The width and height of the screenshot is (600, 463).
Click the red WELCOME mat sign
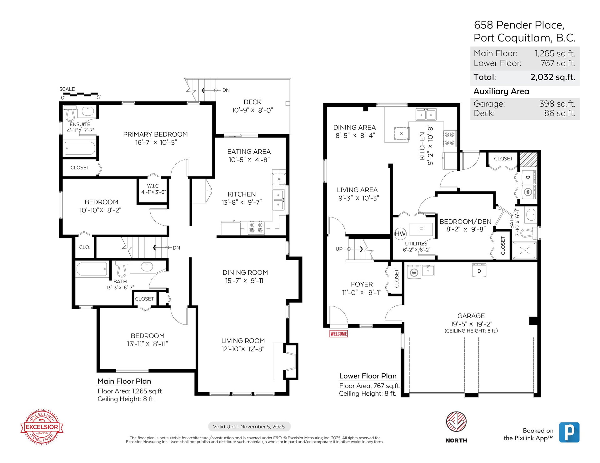point(339,334)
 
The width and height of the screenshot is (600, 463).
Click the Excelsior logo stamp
point(42,427)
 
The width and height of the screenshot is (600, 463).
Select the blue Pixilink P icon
point(569,432)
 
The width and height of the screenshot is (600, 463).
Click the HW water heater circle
point(400,234)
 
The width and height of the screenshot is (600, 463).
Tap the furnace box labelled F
point(421,229)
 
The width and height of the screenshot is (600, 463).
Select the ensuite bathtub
point(80,149)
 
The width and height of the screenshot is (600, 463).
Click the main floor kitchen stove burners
point(256,227)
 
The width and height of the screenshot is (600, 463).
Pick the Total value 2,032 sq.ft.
point(553,77)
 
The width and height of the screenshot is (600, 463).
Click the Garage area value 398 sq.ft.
point(557,104)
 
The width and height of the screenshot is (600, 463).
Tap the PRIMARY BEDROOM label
point(155,134)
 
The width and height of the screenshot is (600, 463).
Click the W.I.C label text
point(153,186)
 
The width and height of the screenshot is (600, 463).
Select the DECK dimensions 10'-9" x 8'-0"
point(252,110)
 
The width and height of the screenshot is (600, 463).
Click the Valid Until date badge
point(249,426)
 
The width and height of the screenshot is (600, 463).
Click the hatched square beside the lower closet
point(528,159)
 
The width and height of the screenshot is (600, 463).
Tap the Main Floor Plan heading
point(124,381)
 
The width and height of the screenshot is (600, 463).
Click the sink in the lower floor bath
point(530,215)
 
